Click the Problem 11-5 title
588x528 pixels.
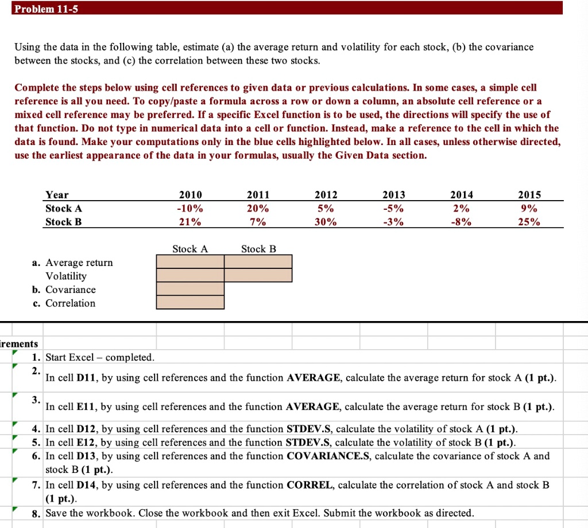[42, 7]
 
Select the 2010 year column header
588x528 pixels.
[191, 195]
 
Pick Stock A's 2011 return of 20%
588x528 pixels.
[258, 208]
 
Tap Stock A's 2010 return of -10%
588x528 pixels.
[191, 208]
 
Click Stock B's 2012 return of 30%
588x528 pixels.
[326, 222]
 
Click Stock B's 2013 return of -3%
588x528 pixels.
[394, 222]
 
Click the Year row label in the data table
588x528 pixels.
[57, 195]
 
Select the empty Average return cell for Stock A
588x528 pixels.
[190, 261]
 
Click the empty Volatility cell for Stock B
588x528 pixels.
[258, 275]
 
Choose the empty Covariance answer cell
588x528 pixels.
[190, 289]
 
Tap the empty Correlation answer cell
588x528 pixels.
[190, 302]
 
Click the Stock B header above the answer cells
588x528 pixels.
[258, 249]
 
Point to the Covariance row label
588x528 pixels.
[71, 290]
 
